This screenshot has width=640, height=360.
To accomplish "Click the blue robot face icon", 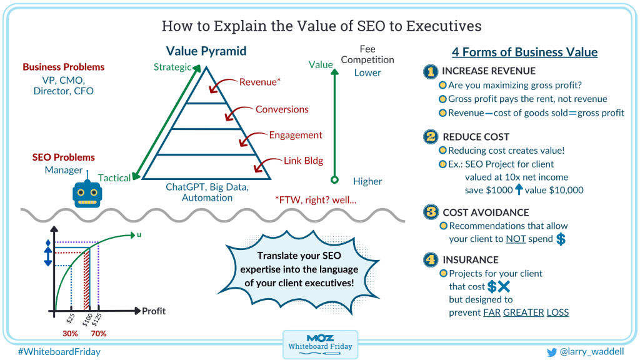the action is (87, 194).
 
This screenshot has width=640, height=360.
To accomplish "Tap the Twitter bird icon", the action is (551, 352).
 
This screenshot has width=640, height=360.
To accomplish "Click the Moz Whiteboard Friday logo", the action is (320, 344).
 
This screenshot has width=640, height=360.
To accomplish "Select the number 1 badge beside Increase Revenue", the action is (430, 71).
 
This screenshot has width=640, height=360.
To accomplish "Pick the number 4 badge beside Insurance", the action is (431, 259).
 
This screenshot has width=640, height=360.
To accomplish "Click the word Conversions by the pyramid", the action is (282, 109).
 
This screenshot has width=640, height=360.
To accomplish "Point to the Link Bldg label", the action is (303, 161).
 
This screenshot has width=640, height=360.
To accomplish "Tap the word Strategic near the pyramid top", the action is (172, 67).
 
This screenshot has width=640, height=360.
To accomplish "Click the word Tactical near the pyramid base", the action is (114, 178).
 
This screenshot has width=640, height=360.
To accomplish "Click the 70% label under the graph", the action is (98, 334).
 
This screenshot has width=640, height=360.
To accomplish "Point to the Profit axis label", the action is (154, 311).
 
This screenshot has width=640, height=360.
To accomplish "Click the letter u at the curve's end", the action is (139, 235).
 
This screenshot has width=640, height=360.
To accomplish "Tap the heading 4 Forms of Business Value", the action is (524, 52).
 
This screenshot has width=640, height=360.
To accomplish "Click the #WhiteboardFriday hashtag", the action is (59, 352).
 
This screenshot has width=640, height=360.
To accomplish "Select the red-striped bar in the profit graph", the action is (86, 280).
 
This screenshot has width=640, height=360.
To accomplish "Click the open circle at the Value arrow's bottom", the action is (335, 179).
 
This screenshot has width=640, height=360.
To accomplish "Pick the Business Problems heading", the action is (64, 67).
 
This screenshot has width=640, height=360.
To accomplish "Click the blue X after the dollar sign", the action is (504, 286).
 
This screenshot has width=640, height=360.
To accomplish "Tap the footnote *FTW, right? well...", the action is (316, 200).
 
